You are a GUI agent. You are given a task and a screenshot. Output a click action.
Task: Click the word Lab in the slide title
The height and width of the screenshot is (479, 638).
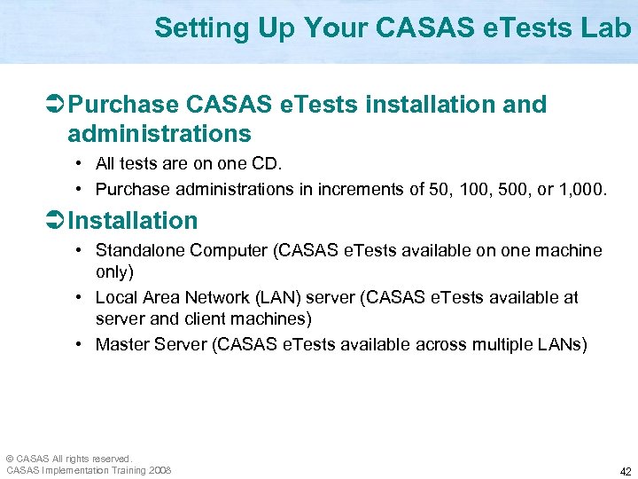click(x=607, y=28)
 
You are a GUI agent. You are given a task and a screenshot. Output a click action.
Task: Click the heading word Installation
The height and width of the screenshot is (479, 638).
click(x=133, y=220)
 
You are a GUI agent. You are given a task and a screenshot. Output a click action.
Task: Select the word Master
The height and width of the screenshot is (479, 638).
click(x=121, y=343)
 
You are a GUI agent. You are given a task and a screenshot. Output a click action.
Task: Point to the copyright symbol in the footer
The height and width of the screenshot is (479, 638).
click(x=11, y=459)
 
